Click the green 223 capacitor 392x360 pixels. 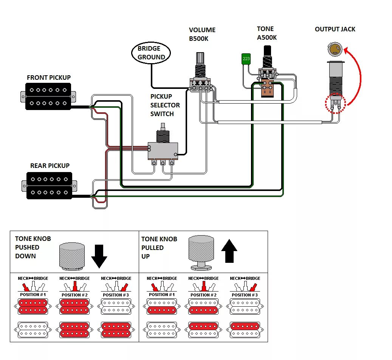tap(246, 59)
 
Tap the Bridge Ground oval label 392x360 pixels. tap(151, 53)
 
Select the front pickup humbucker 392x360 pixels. tap(48, 96)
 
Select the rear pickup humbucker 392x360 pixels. tap(49, 185)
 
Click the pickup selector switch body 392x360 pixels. tap(163, 151)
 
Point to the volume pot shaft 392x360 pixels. tap(200, 65)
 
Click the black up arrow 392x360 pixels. tap(229, 251)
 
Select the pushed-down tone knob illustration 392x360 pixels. tap(72, 257)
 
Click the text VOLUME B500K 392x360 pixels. tap(202, 34)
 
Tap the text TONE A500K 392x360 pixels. tap(266, 33)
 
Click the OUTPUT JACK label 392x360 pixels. tap(335, 29)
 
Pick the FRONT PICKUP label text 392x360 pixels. tap(49, 78)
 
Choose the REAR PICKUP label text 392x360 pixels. tap(50, 166)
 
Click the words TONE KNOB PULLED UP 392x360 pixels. tap(159, 248)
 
